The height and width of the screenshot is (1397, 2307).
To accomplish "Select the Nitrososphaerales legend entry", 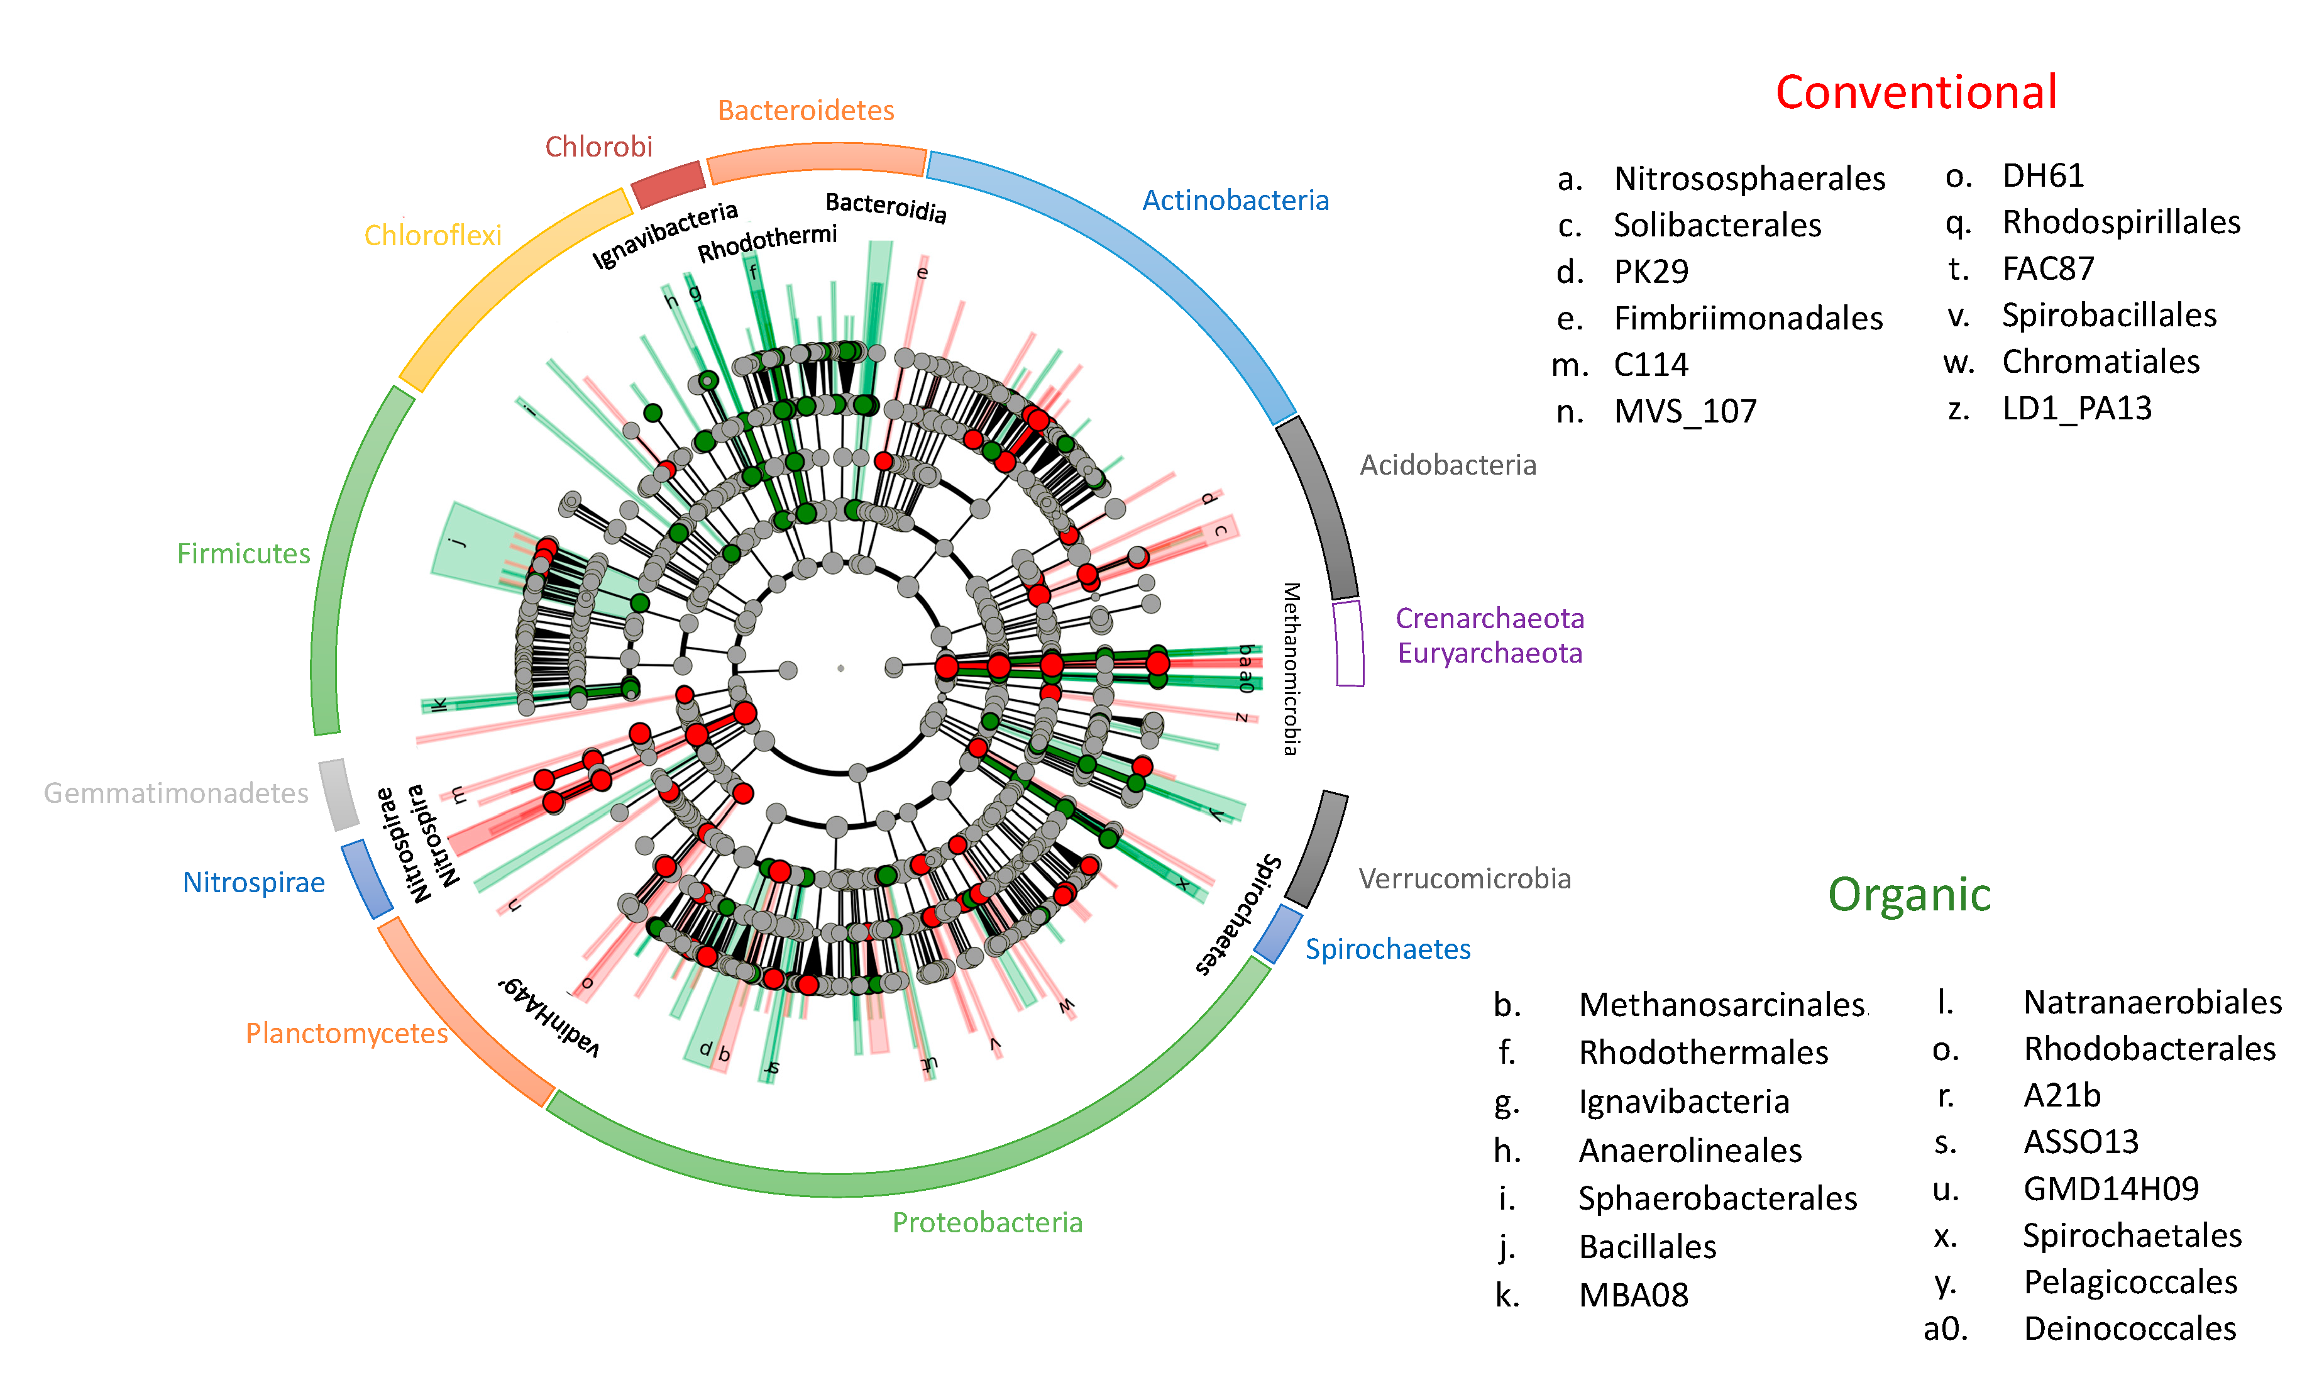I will coord(1749,179).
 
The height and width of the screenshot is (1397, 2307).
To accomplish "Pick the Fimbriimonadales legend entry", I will coord(1748,318).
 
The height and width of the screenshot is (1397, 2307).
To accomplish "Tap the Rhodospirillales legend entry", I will coord(2121,223).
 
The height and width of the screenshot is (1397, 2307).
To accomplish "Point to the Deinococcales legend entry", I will coord(2129,1328).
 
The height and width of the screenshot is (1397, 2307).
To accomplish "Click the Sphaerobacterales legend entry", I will coord(1717,1198).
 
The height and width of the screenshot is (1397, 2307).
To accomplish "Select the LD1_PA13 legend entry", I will coord(2077,408).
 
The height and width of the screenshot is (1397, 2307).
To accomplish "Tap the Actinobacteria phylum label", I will coord(1235,201).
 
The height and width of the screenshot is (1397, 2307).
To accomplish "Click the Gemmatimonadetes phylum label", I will coord(176,793).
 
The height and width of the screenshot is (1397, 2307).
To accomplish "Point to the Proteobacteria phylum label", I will coord(987,1222).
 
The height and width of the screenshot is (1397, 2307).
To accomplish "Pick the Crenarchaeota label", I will coord(1490,618).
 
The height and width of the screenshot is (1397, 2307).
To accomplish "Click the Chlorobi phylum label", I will coord(598,147).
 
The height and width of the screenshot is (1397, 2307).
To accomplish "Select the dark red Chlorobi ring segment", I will coord(668,184).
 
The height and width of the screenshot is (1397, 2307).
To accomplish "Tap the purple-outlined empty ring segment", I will coord(1348,643).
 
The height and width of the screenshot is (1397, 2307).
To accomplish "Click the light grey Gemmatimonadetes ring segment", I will coord(338,794).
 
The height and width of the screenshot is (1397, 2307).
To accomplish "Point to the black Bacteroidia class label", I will coord(886,207).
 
